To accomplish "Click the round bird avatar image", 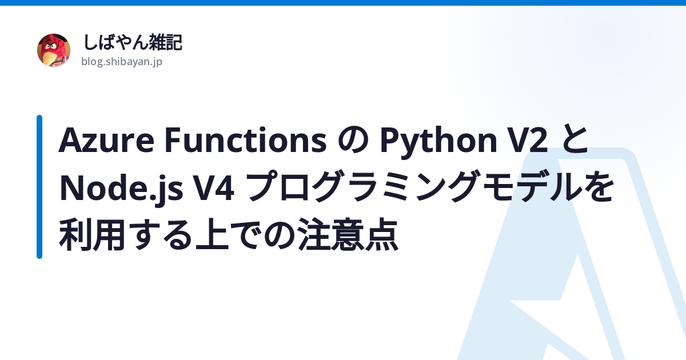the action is pyautogui.click(x=54, y=50).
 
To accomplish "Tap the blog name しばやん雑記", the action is pyautogui.click(x=133, y=42).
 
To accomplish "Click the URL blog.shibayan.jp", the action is pyautogui.click(x=122, y=62).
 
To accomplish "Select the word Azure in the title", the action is pyautogui.click(x=106, y=140).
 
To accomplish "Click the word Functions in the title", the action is pyautogui.click(x=246, y=139).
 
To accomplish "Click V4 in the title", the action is pyautogui.click(x=214, y=187).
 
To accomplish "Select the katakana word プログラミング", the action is pyautogui.click(x=362, y=186).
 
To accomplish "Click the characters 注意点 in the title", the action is pyautogui.click(x=348, y=235).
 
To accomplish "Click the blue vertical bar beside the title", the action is pyautogui.click(x=39, y=187).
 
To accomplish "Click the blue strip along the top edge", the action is pyautogui.click(x=343, y=3).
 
